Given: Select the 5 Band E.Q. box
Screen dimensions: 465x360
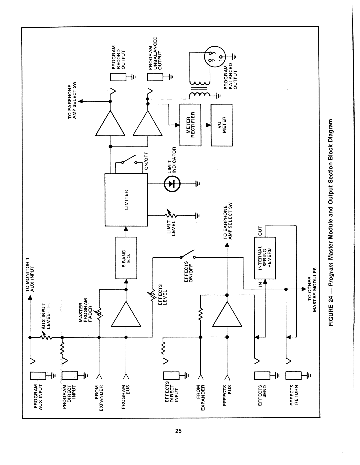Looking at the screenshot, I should pos(126,258).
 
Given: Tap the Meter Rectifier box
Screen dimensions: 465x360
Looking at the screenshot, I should pos(190,125).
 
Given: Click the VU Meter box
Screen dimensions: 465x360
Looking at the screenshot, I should pos(222,125).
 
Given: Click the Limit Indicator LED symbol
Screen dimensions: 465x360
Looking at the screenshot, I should pos(172,183).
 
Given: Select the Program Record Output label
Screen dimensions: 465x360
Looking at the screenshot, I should pos(118,57).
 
